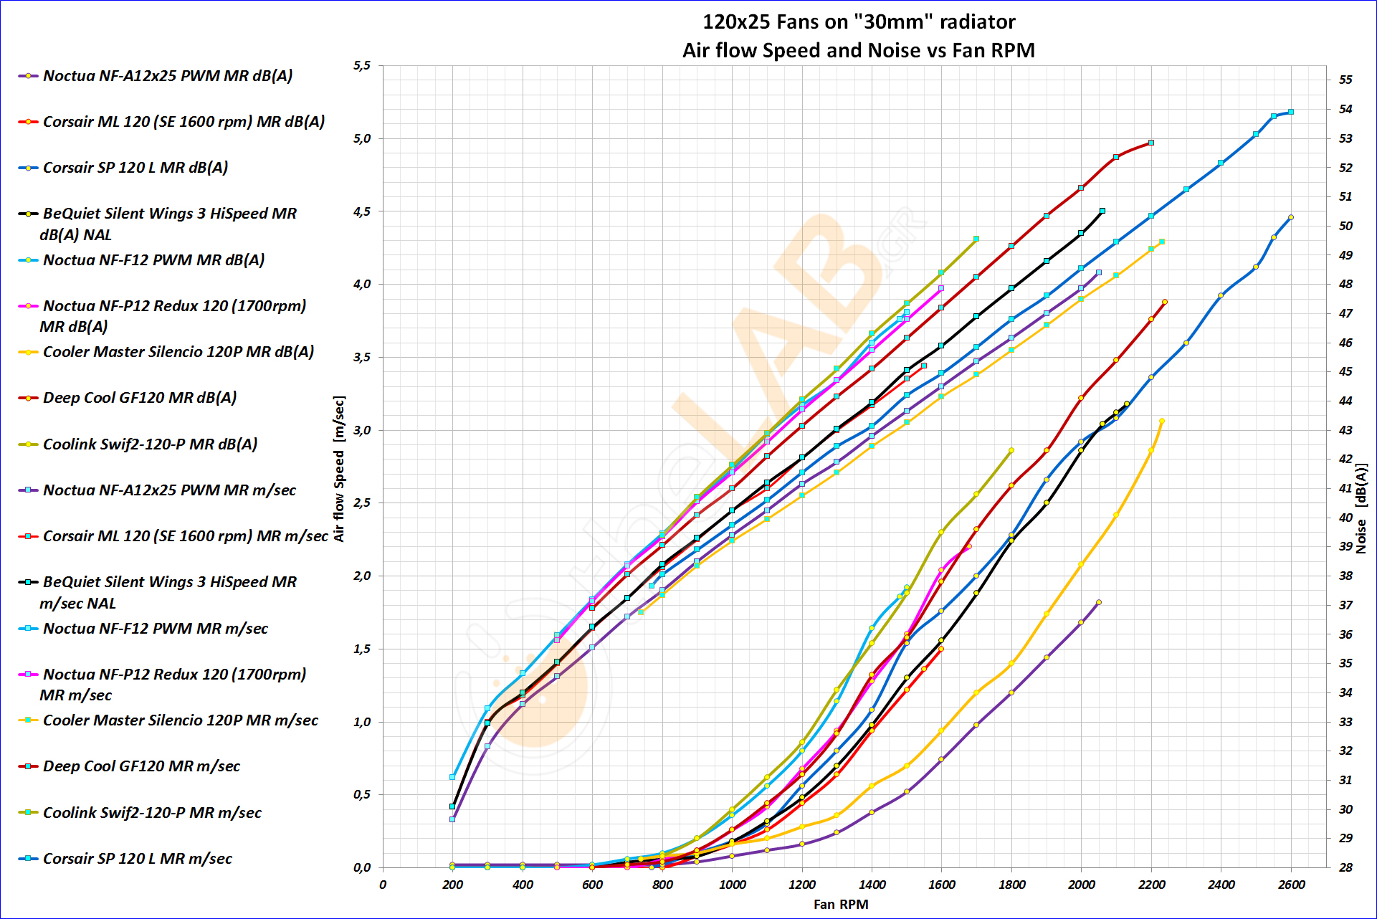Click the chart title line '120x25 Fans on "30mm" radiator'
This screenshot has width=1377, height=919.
(858, 22)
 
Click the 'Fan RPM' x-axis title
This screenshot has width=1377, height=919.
(840, 904)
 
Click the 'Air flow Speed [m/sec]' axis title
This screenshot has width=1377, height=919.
(339, 469)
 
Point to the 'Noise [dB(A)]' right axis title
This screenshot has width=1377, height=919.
(1361, 508)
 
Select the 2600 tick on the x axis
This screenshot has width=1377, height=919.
(1290, 885)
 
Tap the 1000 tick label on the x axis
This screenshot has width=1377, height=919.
(731, 885)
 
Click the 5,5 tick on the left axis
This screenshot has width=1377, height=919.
(361, 66)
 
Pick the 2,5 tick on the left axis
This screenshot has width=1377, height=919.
(361, 503)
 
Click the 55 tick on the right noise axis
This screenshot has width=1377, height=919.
(1345, 80)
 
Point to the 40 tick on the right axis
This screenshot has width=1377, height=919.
(1345, 518)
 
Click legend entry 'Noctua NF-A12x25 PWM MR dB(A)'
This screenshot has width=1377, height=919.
(167, 76)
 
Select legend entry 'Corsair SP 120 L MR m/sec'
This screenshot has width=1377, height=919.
(137, 859)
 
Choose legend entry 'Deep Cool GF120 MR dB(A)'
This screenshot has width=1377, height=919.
(139, 398)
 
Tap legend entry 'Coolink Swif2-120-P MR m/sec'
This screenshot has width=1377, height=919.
(152, 813)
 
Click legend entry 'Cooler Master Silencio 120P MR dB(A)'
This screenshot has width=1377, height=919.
(178, 352)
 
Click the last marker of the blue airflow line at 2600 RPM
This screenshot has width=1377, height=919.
(1290, 112)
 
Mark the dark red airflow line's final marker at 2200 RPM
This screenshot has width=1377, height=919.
(1150, 143)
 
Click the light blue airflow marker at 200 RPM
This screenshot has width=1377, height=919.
(452, 777)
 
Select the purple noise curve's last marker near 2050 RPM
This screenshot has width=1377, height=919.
(1098, 602)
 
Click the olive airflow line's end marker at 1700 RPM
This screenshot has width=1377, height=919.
(976, 239)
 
